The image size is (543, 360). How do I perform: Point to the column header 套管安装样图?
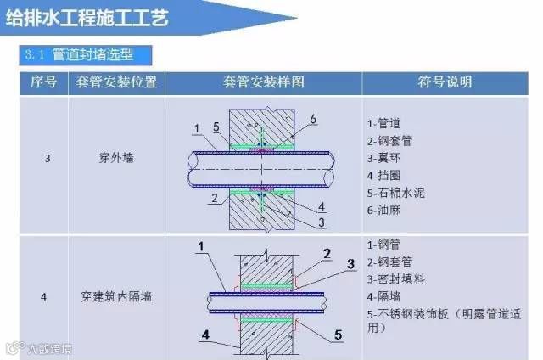pos(264,82)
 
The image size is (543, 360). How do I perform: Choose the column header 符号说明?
pos(446,82)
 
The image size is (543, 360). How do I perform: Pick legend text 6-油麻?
pos(389,210)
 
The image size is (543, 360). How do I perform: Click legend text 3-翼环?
pos(389,158)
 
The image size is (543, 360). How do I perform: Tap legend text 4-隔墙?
pos(389,296)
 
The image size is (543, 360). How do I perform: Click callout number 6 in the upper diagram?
pos(313,121)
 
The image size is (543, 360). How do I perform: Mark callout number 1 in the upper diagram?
pos(196,129)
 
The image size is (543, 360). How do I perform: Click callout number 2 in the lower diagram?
pos(327,253)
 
